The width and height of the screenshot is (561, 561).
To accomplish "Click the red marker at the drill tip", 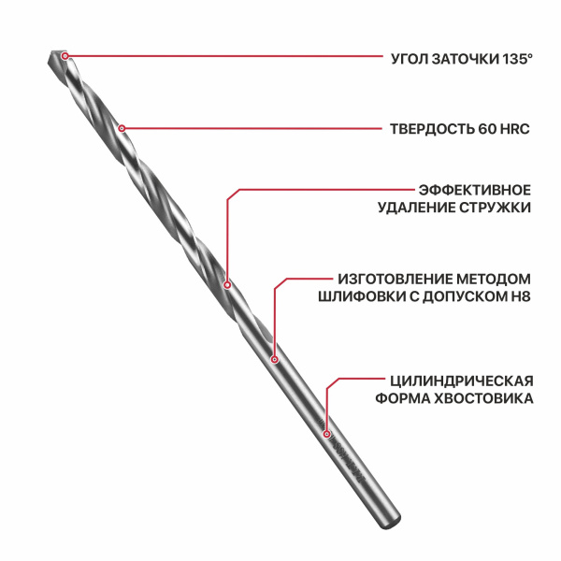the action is (65, 56).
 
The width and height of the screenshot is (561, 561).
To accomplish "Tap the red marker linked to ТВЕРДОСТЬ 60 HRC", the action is (122, 128).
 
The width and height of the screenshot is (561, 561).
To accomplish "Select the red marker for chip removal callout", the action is (227, 285).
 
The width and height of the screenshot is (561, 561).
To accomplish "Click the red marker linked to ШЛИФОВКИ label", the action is (274, 359).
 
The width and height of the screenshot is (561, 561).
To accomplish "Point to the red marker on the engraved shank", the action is (326, 434).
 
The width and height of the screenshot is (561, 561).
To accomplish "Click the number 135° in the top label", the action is (517, 59).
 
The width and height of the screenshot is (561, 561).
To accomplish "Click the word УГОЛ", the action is (410, 59).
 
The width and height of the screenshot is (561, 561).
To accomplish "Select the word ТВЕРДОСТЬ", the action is (432, 129).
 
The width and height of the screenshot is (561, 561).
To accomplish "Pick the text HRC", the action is (515, 129).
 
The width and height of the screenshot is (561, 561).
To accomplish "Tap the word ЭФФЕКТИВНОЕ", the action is (475, 190).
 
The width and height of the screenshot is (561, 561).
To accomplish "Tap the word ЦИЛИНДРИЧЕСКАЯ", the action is (462, 381).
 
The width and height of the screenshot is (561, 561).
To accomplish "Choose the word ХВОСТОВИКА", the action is (483, 398).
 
